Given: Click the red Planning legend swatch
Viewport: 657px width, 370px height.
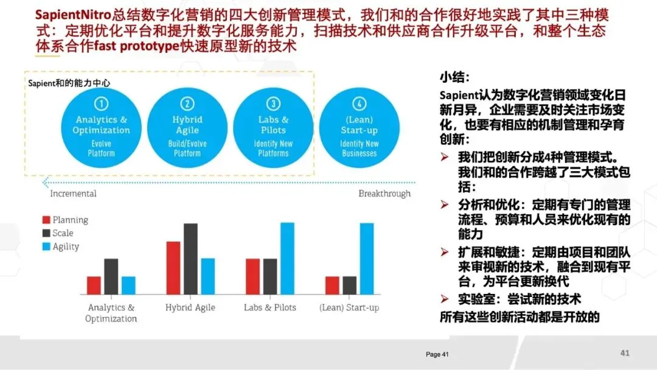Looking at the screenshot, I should click(46, 220).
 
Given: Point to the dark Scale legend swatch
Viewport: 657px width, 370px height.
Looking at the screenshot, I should click(46, 233).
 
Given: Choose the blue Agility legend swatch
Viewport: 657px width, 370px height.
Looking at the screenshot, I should click(46, 246).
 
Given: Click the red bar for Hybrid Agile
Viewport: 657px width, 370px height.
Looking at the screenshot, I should click(173, 268).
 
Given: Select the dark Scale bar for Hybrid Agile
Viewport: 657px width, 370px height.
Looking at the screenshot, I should click(190, 259).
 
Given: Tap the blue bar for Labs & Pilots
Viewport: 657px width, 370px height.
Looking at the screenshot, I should click(287, 259).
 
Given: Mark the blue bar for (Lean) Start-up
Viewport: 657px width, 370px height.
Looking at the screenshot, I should click(367, 259).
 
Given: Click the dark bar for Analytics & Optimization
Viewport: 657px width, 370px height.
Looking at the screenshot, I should click(111, 276).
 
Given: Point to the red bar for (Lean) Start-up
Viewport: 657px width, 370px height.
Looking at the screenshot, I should click(332, 285).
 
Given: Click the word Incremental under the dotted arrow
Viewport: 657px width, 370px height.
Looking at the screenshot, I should click(73, 194).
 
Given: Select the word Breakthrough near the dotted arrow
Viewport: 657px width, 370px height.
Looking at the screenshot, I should click(384, 194).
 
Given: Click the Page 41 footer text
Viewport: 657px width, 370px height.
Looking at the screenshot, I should click(437, 354).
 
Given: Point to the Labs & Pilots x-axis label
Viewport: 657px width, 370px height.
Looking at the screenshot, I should click(270, 307).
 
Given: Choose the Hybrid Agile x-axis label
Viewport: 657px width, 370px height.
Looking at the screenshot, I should click(190, 307).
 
